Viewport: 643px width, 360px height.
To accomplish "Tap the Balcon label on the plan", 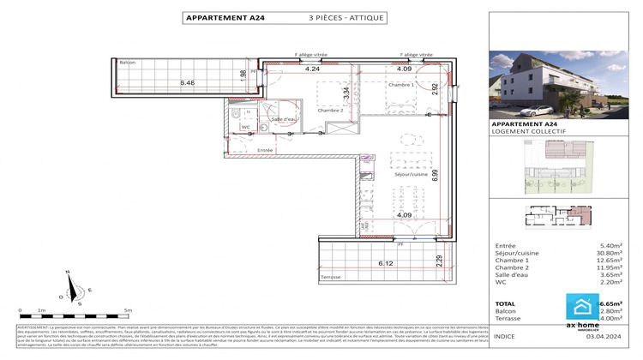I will coord(128,63).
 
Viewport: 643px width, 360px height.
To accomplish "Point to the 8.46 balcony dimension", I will coord(188,82).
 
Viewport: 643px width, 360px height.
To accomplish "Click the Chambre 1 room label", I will coord(400,86).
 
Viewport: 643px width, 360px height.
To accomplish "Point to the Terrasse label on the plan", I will coord(330,277).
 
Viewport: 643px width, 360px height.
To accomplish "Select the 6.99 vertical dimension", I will coord(435,176).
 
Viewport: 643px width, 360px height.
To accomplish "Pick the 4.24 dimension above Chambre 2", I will coord(312,69).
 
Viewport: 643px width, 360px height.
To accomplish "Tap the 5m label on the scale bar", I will coord(128,310).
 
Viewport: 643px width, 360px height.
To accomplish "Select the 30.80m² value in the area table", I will coord(605,253).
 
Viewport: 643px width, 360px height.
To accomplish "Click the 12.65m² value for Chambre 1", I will coord(605,261).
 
